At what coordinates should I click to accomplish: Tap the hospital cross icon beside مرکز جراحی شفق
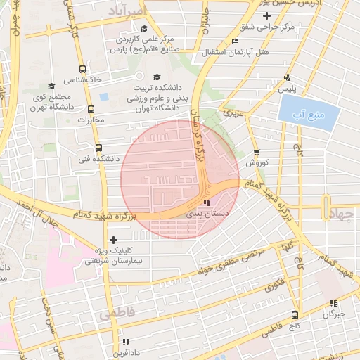[x=266, y=15]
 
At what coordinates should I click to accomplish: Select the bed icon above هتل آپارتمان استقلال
[x=236, y=41]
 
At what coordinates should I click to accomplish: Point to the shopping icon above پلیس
[x=286, y=78]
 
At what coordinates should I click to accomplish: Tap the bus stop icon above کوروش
[x=256, y=151]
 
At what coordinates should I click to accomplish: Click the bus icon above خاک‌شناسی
[x=84, y=69]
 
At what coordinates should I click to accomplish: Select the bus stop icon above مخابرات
[x=91, y=108]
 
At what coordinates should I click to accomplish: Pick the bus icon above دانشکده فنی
[x=98, y=148]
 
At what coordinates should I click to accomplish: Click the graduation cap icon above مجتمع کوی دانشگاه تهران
[x=52, y=86]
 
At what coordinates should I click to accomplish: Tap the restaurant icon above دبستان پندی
[x=206, y=202]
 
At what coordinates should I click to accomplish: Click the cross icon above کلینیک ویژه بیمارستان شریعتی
[x=113, y=240]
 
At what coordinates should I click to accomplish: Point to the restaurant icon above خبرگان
[x=334, y=303]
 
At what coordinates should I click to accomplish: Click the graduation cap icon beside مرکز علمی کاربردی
[x=145, y=29]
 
